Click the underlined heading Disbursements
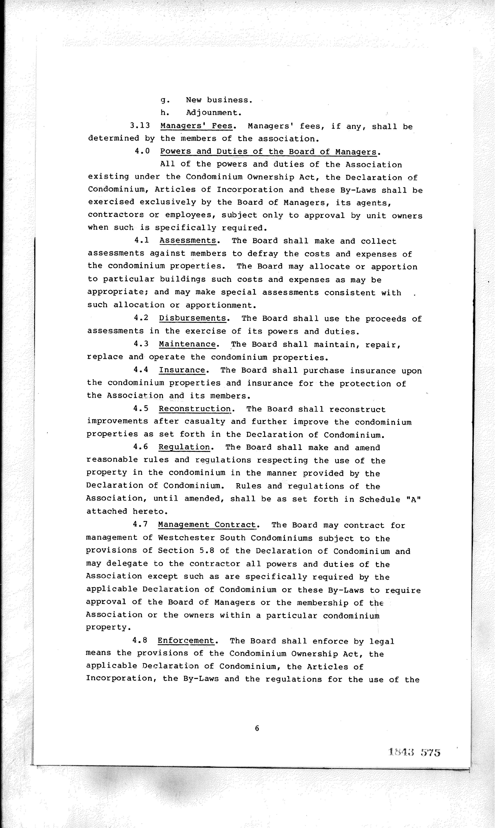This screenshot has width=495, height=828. point(192,318)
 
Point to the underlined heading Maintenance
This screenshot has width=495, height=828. point(187,344)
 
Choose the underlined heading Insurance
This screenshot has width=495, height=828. point(182,370)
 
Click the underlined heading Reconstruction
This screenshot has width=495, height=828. point(195,409)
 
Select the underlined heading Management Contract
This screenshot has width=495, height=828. point(207,525)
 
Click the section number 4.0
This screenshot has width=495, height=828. point(142,151)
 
